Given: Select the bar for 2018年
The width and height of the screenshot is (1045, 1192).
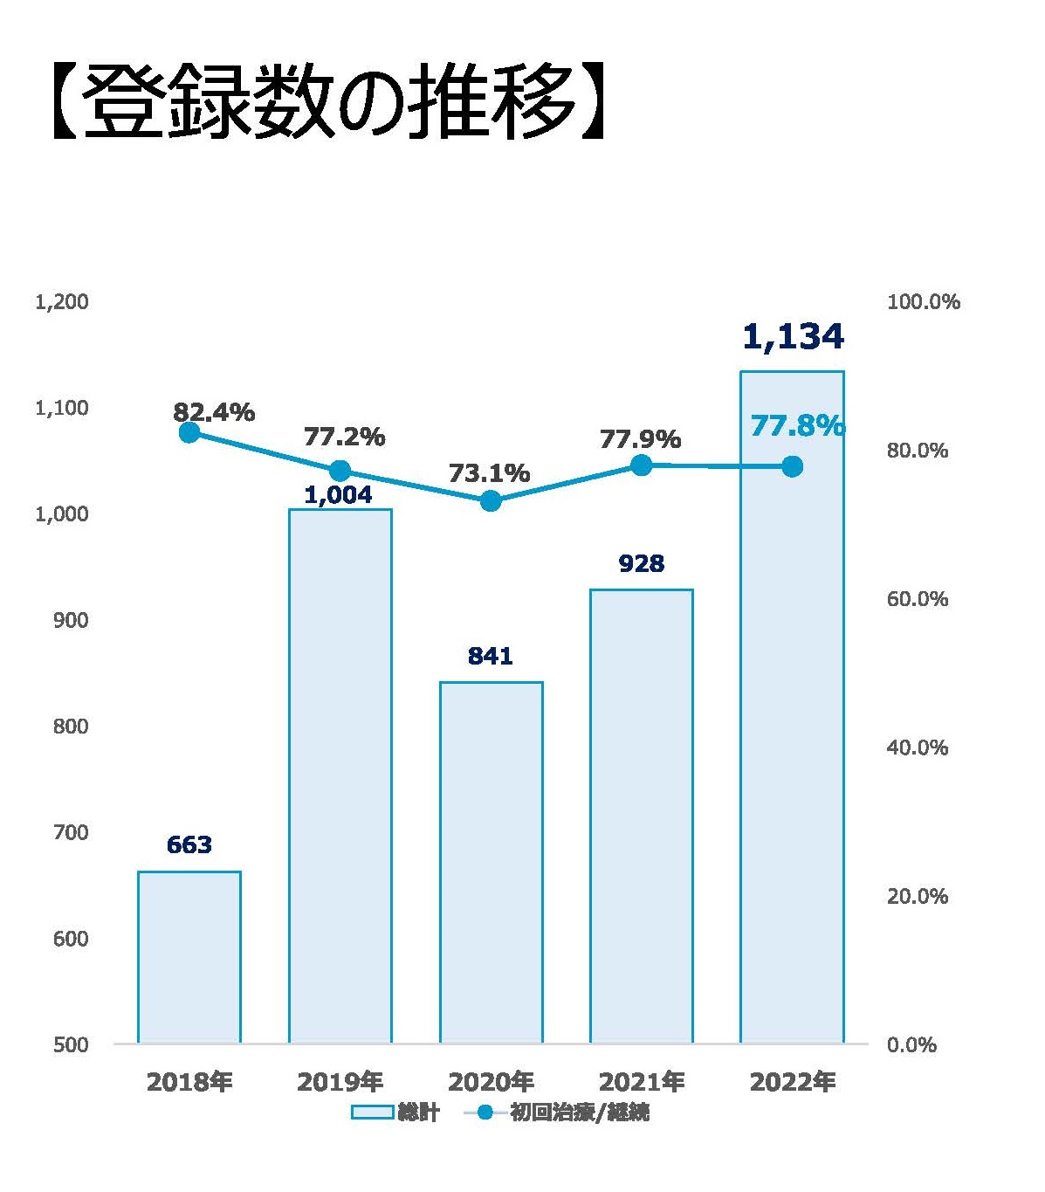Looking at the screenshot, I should [x=189, y=956].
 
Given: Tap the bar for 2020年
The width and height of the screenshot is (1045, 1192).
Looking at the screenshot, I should [x=491, y=862].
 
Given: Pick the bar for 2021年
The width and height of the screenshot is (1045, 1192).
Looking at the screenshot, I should [x=642, y=816].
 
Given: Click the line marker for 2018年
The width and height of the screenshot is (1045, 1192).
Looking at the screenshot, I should [x=189, y=432].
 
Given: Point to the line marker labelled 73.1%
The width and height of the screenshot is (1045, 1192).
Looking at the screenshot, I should [x=491, y=500].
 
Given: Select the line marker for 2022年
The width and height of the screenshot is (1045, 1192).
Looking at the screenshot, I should [x=792, y=466].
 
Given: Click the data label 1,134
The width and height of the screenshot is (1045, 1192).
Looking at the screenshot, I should [x=793, y=336].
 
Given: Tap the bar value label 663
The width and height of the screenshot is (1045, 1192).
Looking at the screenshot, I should [x=189, y=844].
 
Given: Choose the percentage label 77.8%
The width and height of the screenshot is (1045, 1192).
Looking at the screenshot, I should [x=797, y=426].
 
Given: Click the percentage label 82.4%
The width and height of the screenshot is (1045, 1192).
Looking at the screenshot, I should [x=214, y=412].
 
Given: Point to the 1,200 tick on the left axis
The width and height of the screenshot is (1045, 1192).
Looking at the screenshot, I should [x=62, y=302].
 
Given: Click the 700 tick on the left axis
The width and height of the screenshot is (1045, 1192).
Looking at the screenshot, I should [x=71, y=832].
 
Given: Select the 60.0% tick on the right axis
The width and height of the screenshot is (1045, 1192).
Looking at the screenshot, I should [x=917, y=599].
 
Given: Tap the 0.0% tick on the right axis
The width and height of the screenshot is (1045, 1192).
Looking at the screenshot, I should [x=911, y=1045].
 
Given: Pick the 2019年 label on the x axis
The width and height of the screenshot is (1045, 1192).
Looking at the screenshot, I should [x=340, y=1082].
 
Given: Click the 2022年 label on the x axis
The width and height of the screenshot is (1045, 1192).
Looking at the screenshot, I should [x=793, y=1082].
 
